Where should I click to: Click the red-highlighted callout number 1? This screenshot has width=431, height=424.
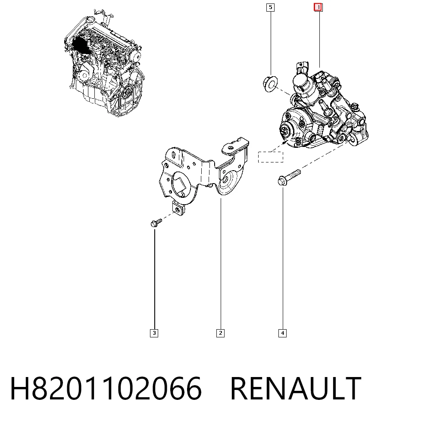point(318,7)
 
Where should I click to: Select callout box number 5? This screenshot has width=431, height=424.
point(271,7)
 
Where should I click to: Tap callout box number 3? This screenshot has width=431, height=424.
point(154,333)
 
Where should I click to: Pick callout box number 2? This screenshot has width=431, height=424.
point(220,333)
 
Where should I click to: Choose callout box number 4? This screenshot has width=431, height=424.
point(282,333)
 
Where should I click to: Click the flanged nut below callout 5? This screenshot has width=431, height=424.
point(270,84)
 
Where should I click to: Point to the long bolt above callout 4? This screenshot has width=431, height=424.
point(289,178)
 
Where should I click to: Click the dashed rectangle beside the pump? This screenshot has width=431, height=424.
point(271,157)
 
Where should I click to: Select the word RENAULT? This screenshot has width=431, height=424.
point(296,389)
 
